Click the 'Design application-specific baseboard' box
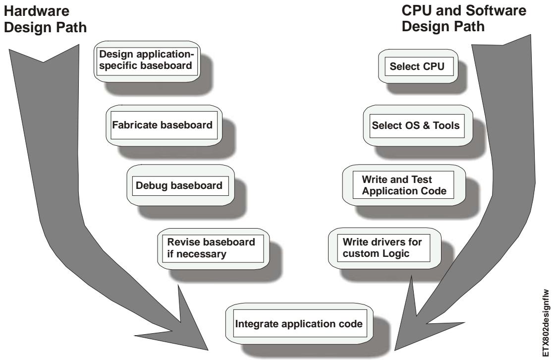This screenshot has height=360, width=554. (x=147, y=61)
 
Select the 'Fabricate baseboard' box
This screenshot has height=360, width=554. (x=164, y=125)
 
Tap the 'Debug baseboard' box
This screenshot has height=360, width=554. (x=180, y=185)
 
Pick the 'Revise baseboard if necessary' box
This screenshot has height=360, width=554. (x=213, y=248)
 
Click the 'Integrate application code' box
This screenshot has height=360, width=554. (x=299, y=323)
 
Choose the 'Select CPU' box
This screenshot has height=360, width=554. (x=418, y=66)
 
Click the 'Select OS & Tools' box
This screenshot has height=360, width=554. (x=418, y=125)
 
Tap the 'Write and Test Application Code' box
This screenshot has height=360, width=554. (x=404, y=185)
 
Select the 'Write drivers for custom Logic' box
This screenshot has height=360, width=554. (x=385, y=248)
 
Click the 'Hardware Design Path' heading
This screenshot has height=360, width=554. (x=45, y=19)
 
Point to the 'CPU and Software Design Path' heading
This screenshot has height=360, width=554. (x=464, y=18)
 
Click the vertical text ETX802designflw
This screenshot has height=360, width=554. (x=546, y=323)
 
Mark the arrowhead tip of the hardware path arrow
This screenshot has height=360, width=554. (x=208, y=350)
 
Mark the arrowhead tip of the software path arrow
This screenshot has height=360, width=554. (x=394, y=350)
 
